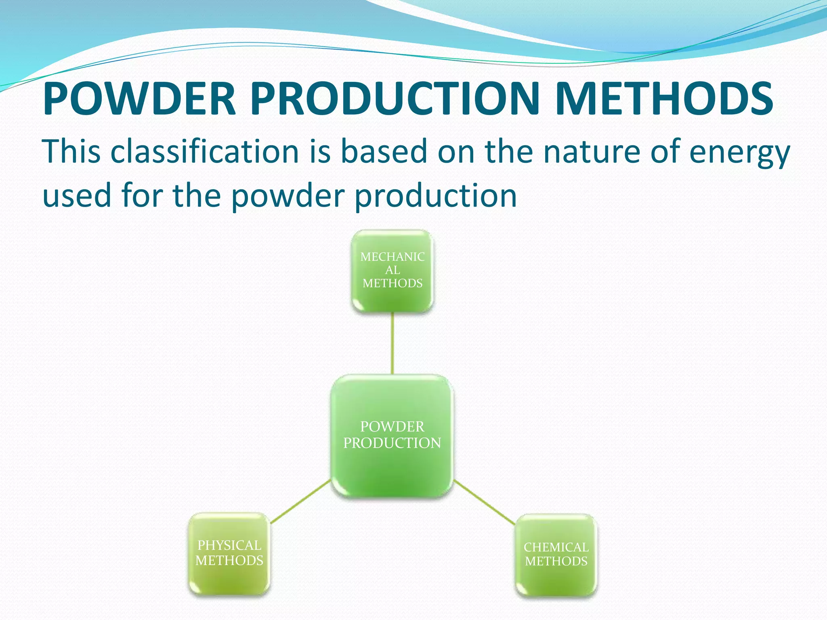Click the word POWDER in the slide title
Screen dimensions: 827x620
[139, 99]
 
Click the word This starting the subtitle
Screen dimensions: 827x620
[71, 152]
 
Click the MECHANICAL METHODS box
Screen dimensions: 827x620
[393, 271]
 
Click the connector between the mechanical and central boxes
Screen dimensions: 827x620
[392, 344]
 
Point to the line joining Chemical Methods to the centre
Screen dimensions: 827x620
[485, 502]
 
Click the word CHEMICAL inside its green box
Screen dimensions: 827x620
[556, 547]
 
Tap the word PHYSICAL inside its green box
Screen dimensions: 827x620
[229, 545]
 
